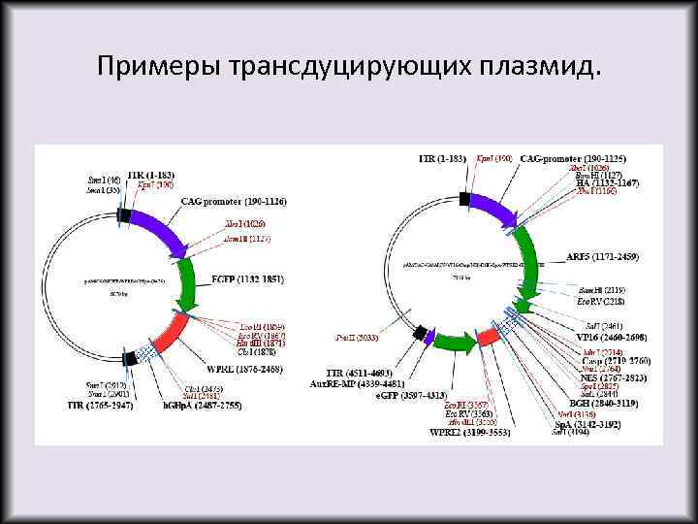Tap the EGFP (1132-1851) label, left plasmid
click(x=247, y=279)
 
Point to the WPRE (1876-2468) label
click(x=233, y=370)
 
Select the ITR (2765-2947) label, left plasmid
click(x=101, y=404)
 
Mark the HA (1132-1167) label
click(x=606, y=182)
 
